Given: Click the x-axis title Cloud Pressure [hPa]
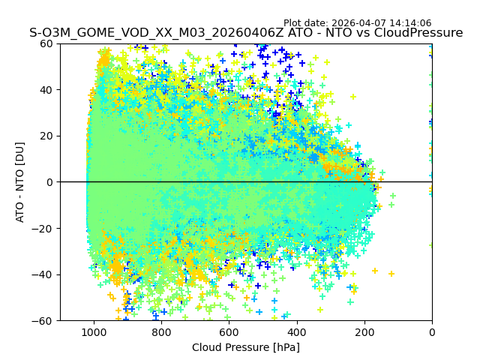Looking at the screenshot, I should [x=245, y=347].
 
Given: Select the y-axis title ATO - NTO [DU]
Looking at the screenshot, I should [x=20, y=182].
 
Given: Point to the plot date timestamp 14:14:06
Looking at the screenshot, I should [x=409, y=23].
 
